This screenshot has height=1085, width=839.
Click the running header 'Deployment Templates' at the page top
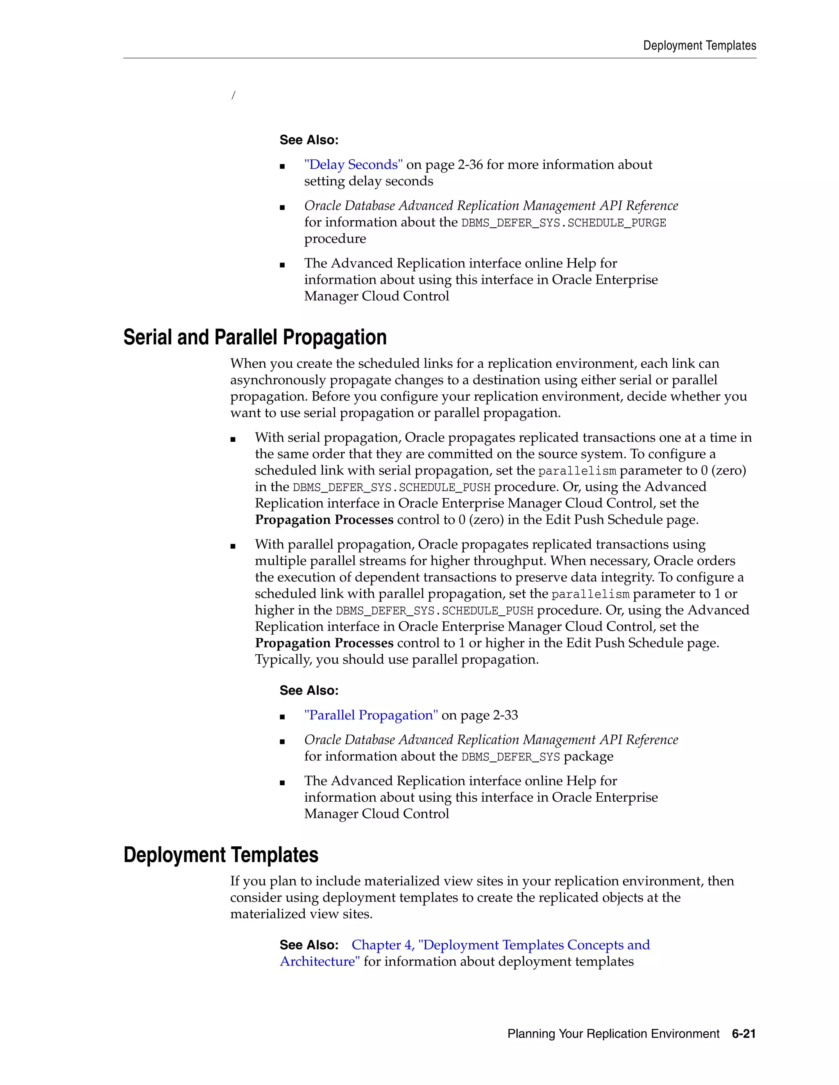699,46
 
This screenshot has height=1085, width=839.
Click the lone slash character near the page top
233,95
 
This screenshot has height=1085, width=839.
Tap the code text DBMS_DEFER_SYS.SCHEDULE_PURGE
563,223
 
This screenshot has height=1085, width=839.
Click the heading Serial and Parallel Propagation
254,337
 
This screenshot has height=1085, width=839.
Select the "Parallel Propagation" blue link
371,715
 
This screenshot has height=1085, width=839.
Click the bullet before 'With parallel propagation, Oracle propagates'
233,546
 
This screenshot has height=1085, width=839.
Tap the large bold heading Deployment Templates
221,855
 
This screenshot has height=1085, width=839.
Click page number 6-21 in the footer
744,1034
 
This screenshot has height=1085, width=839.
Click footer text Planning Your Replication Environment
613,1034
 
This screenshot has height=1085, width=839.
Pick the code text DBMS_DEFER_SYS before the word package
510,757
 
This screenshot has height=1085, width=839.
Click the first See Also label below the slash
308,140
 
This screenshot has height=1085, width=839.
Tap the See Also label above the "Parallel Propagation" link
308,691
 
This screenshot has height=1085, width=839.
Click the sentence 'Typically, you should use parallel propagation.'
397,660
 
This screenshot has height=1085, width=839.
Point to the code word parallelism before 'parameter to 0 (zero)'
577,471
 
